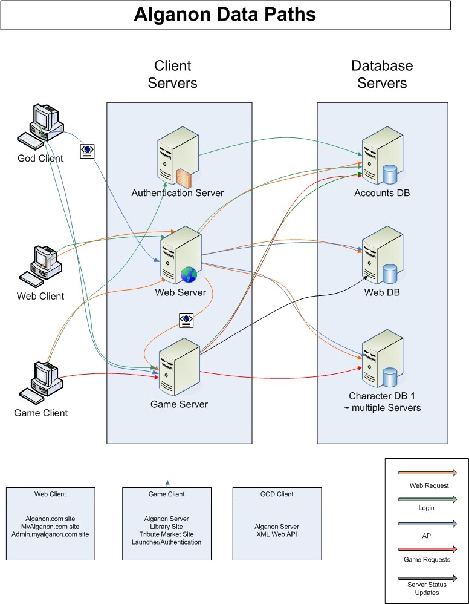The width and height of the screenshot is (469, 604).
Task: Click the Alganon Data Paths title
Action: tap(225, 15)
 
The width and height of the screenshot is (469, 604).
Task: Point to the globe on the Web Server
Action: tap(189, 275)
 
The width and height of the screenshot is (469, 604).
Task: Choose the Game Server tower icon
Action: tap(179, 365)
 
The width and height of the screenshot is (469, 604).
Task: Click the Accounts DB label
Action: tap(382, 193)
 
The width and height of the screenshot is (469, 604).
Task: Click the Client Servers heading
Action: tap(173, 74)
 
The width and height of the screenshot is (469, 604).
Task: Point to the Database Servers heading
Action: tap(382, 74)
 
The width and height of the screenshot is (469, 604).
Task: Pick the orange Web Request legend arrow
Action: tap(427, 472)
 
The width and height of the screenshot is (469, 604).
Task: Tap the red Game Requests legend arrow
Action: tap(427, 548)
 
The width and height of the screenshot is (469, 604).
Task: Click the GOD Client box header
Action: tap(277, 494)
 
